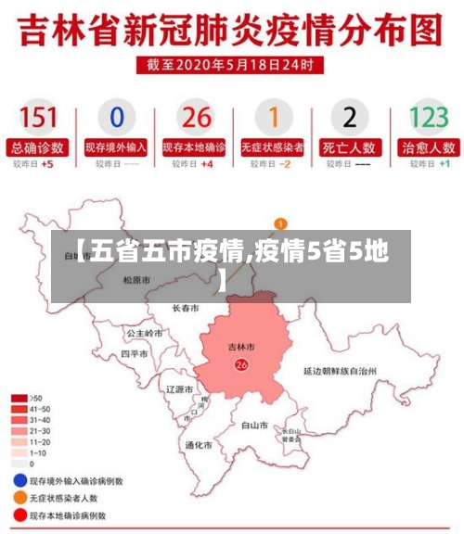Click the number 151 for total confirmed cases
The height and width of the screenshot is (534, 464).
pyautogui.click(x=38, y=118)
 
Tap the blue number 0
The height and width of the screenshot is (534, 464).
pyautogui.click(x=116, y=118)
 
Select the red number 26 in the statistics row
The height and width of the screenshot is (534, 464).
pyautogui.click(x=196, y=118)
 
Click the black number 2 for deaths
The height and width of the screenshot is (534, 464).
pyautogui.click(x=350, y=118)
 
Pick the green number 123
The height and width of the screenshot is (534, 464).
pyautogui.click(x=428, y=118)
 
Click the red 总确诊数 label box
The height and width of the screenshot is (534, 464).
pyautogui.click(x=38, y=146)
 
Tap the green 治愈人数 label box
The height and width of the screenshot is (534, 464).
pyautogui.click(x=428, y=146)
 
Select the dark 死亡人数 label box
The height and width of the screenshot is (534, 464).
pyautogui.click(x=350, y=146)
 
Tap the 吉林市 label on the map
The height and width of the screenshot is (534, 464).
pyautogui.click(x=241, y=348)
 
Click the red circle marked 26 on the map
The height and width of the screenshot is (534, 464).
pyautogui.click(x=242, y=365)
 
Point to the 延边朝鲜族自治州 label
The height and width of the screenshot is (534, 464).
pyautogui.click(x=340, y=370)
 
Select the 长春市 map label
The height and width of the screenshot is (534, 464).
pyautogui.click(x=186, y=308)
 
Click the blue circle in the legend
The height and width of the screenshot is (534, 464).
pyautogui.click(x=19, y=481)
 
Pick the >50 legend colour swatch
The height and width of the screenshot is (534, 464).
pyautogui.click(x=19, y=398)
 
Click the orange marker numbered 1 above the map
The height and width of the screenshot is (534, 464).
pyautogui.click(x=280, y=223)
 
